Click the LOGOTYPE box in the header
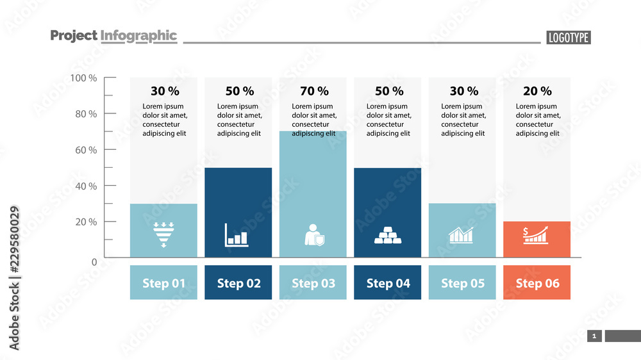click(568, 38)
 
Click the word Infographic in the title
click(138, 36)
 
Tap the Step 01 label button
click(163, 282)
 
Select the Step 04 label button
click(388, 282)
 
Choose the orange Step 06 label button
click(537, 282)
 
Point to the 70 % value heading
click(314, 92)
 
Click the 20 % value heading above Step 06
click(537, 92)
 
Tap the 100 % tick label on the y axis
click(84, 78)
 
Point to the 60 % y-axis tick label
click(84, 150)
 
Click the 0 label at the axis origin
click(94, 261)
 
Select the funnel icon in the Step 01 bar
click(163, 235)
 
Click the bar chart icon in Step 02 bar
click(237, 235)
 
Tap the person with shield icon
click(314, 235)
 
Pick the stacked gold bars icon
click(388, 236)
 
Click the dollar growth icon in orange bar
click(537, 235)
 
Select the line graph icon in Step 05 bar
click(462, 235)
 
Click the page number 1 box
click(594, 336)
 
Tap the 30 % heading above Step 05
click(463, 92)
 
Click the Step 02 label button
click(239, 282)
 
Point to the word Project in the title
click(74, 36)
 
